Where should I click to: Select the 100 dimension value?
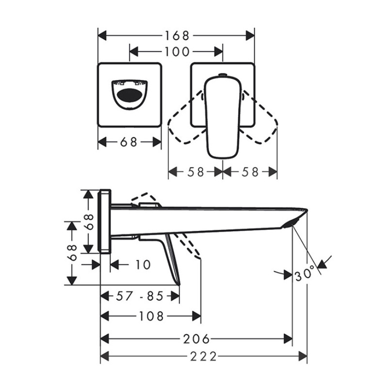pos(177,52)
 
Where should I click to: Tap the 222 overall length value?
pos(203,356)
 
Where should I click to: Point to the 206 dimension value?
pos(196,339)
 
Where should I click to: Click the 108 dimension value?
pos(151,316)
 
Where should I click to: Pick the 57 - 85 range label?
pos(140,296)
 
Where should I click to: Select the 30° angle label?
pos(305,274)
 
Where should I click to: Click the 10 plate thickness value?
pos(143,264)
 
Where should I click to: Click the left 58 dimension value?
pos(195,172)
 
